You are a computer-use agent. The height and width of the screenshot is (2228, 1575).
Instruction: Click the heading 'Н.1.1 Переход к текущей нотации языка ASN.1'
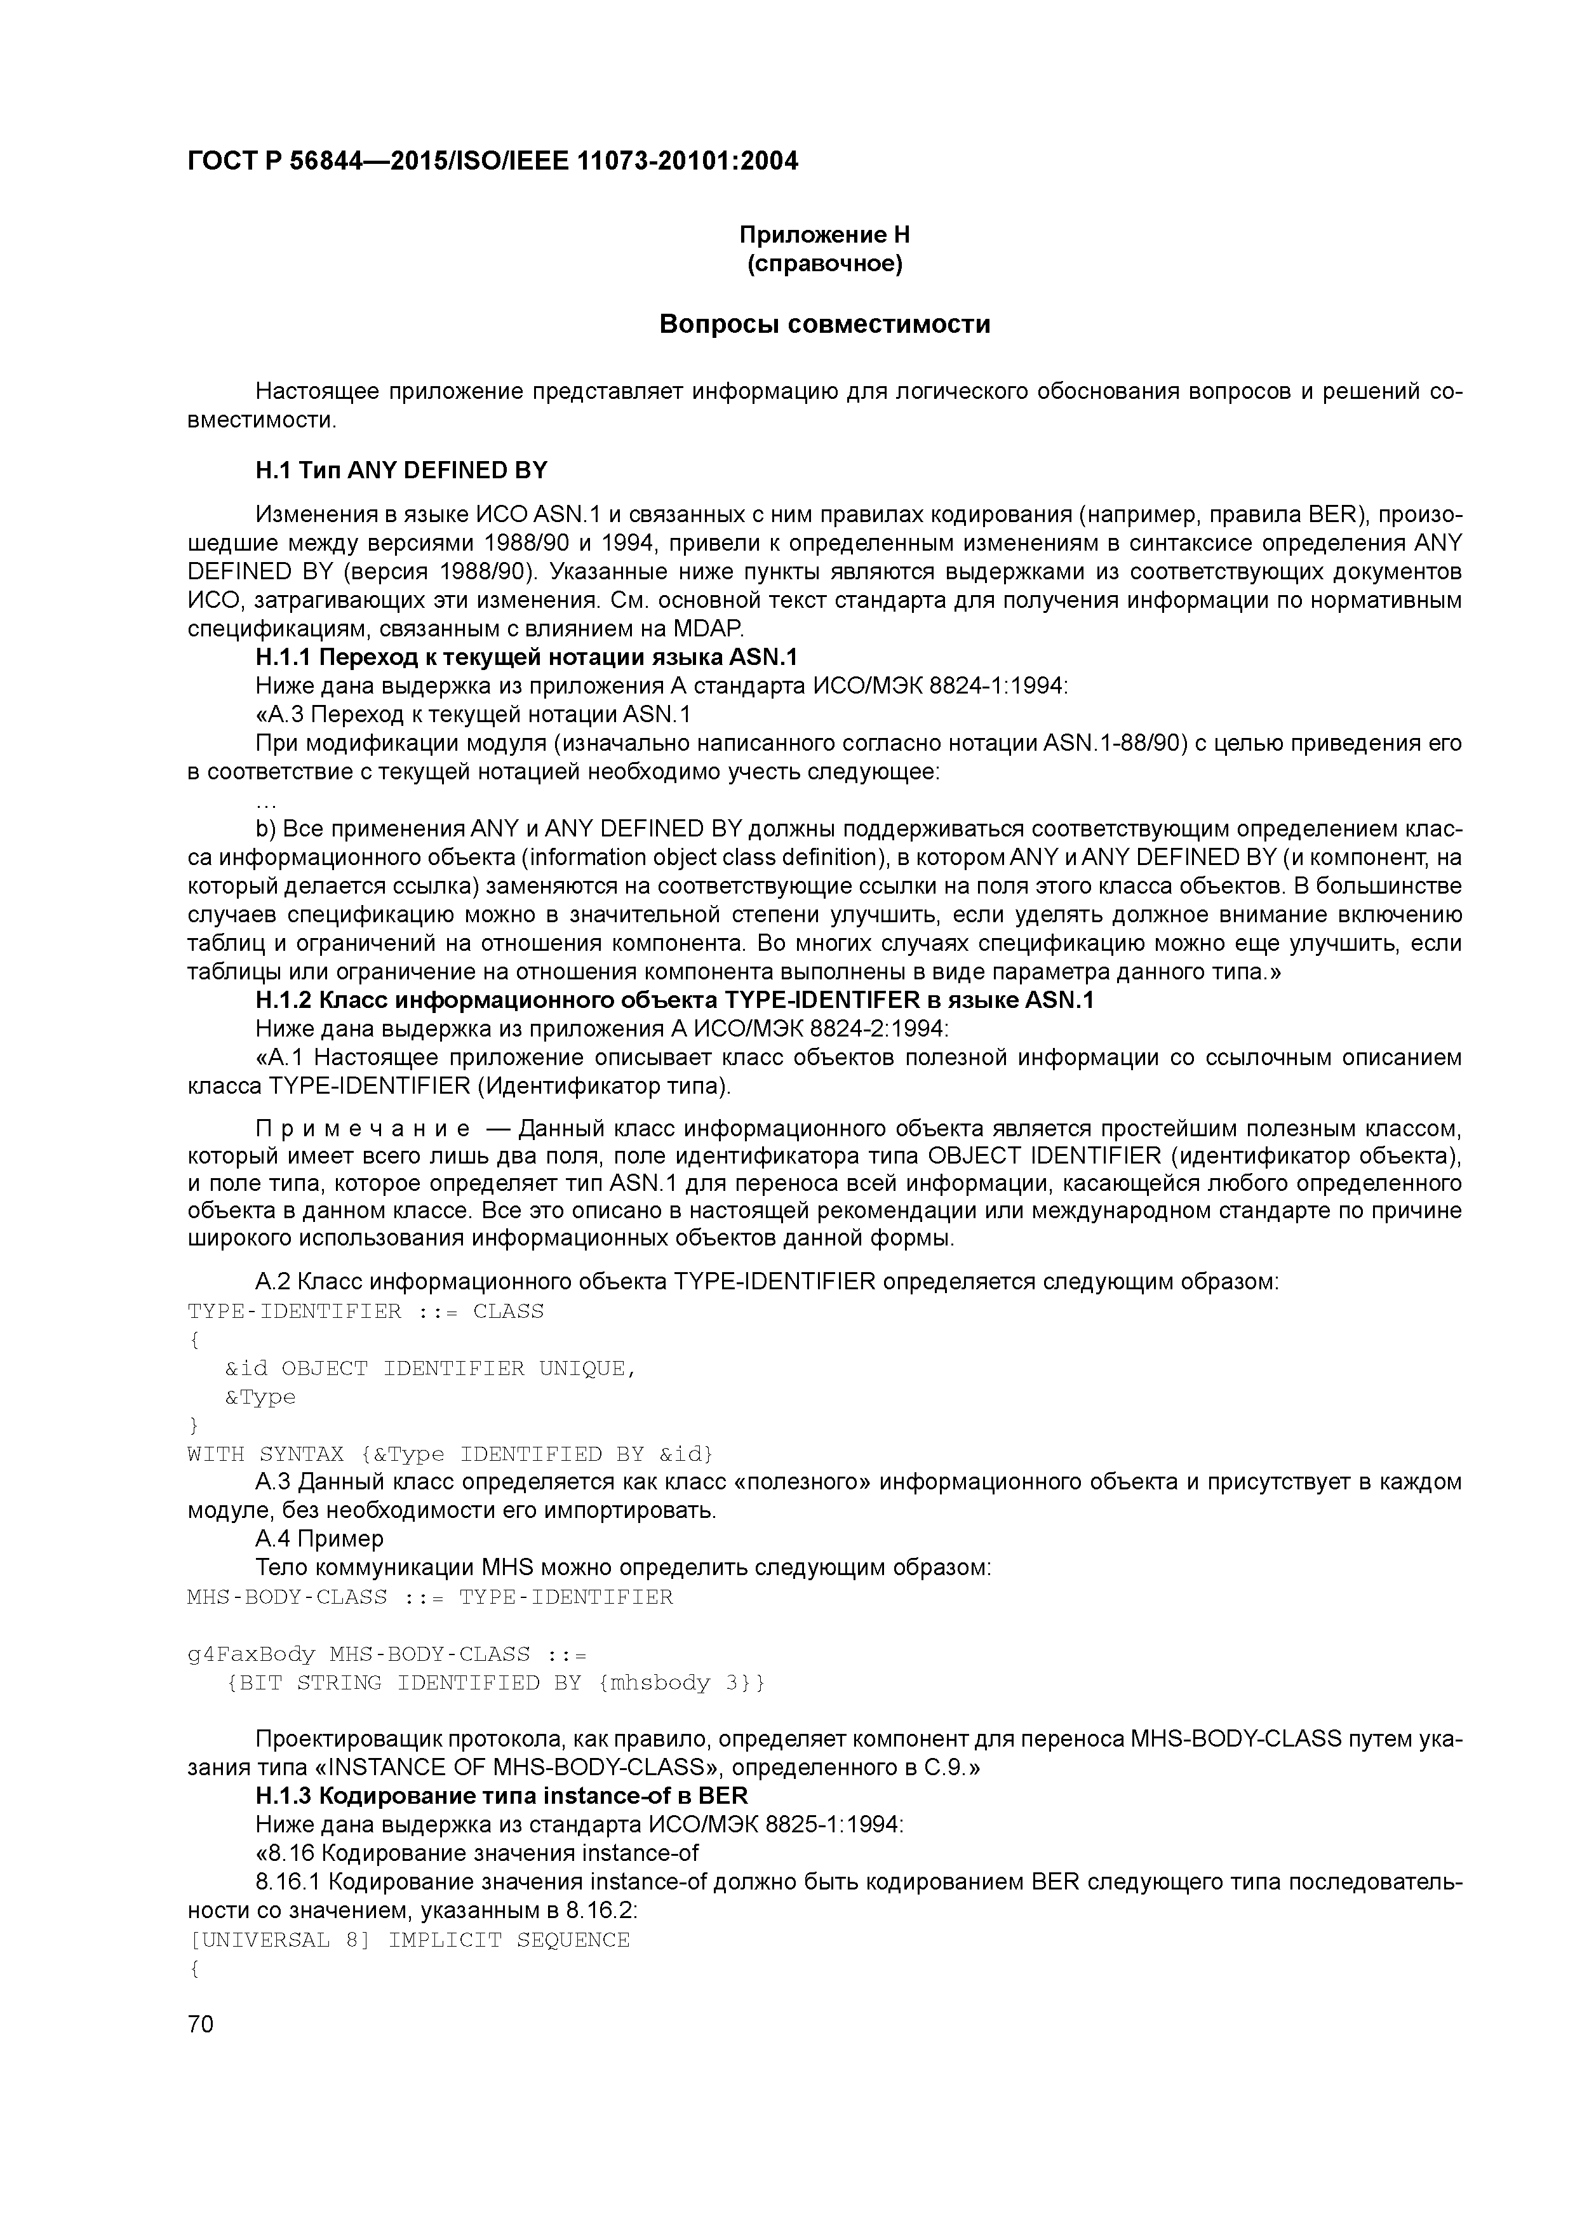click(526, 658)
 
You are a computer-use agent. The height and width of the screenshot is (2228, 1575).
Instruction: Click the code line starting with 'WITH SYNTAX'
click(449, 1454)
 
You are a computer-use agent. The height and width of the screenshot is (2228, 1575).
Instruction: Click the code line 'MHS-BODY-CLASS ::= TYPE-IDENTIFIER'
click(429, 1597)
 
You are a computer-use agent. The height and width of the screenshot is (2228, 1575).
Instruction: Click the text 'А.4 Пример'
click(319, 1540)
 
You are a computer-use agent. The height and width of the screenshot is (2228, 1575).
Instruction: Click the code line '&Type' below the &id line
click(260, 1397)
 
